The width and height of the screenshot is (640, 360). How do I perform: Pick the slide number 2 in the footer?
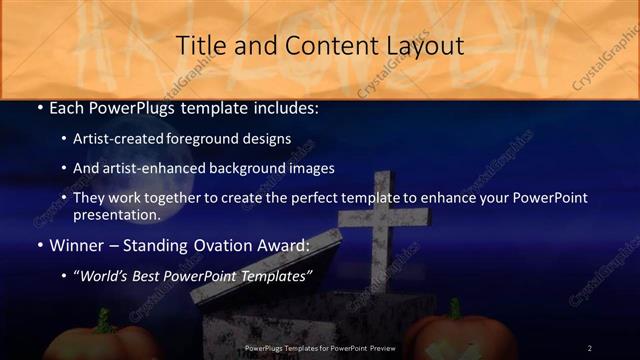589,348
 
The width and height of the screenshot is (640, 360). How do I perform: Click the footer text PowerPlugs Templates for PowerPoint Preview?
319,348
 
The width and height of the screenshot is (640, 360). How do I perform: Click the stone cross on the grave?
383,230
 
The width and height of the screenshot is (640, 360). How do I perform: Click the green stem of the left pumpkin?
103,320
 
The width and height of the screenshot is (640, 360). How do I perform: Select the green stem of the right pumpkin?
454,310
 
